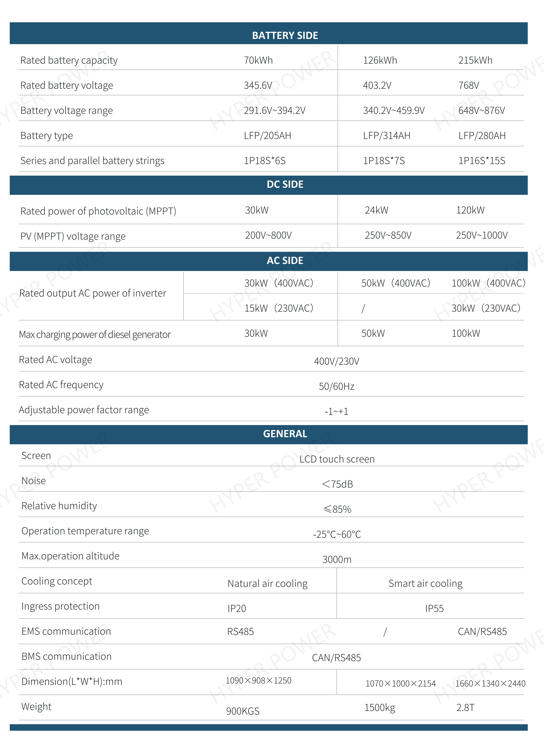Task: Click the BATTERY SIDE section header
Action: point(285,35)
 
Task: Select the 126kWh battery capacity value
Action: point(380,60)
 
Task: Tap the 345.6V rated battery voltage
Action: point(258,85)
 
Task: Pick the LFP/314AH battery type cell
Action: point(387,135)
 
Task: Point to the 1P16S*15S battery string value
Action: point(482,161)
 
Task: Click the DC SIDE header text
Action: point(285,184)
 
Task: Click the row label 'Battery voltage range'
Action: point(66,110)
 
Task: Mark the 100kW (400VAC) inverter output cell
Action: point(488,283)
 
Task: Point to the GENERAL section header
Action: point(285,434)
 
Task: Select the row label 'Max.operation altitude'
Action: point(70,556)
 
